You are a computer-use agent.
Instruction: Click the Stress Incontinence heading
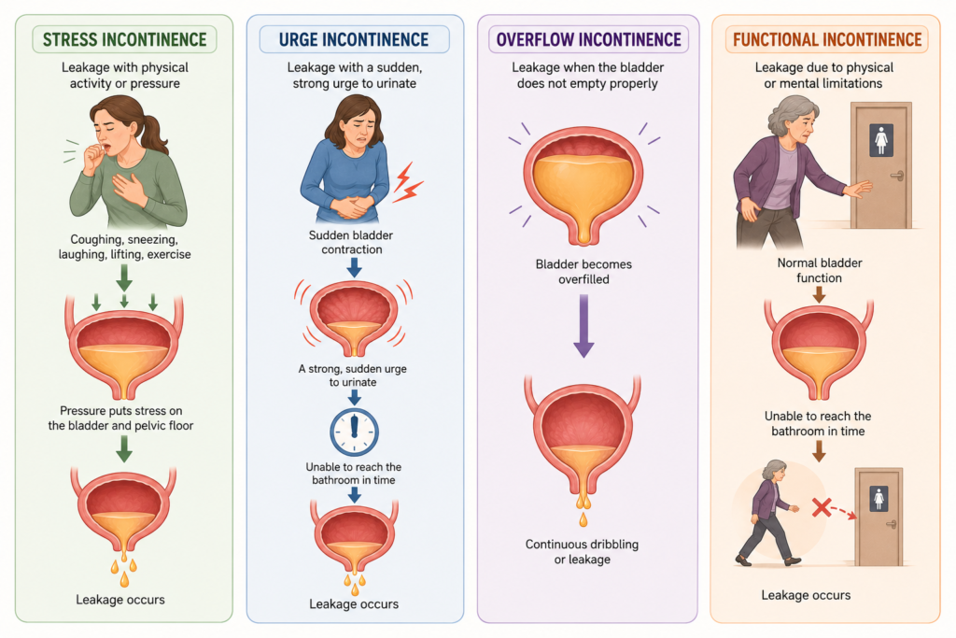coord(124,39)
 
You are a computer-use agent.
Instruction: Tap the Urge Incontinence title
coord(354,39)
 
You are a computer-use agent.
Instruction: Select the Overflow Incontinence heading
coord(588,39)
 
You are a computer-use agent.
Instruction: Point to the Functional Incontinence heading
coord(827,39)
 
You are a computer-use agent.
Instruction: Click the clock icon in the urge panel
coord(354,432)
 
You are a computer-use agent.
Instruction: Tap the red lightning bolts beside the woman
coord(407,182)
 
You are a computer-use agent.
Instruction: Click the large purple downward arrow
coord(583,326)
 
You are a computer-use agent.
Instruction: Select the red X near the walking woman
coord(822,507)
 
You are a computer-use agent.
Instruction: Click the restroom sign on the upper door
coord(881,140)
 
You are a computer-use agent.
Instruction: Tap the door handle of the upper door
coord(897,177)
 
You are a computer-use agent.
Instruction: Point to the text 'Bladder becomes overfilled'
coord(583,272)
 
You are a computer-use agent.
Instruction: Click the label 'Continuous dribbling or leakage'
coord(583,551)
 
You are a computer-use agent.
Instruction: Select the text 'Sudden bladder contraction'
coord(351,242)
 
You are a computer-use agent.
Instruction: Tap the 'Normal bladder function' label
coord(820,270)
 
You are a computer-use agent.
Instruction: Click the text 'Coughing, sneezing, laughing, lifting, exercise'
coord(124,247)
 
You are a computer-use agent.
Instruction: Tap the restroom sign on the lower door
coord(879,499)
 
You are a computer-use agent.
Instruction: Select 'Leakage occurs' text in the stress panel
coord(120,600)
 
